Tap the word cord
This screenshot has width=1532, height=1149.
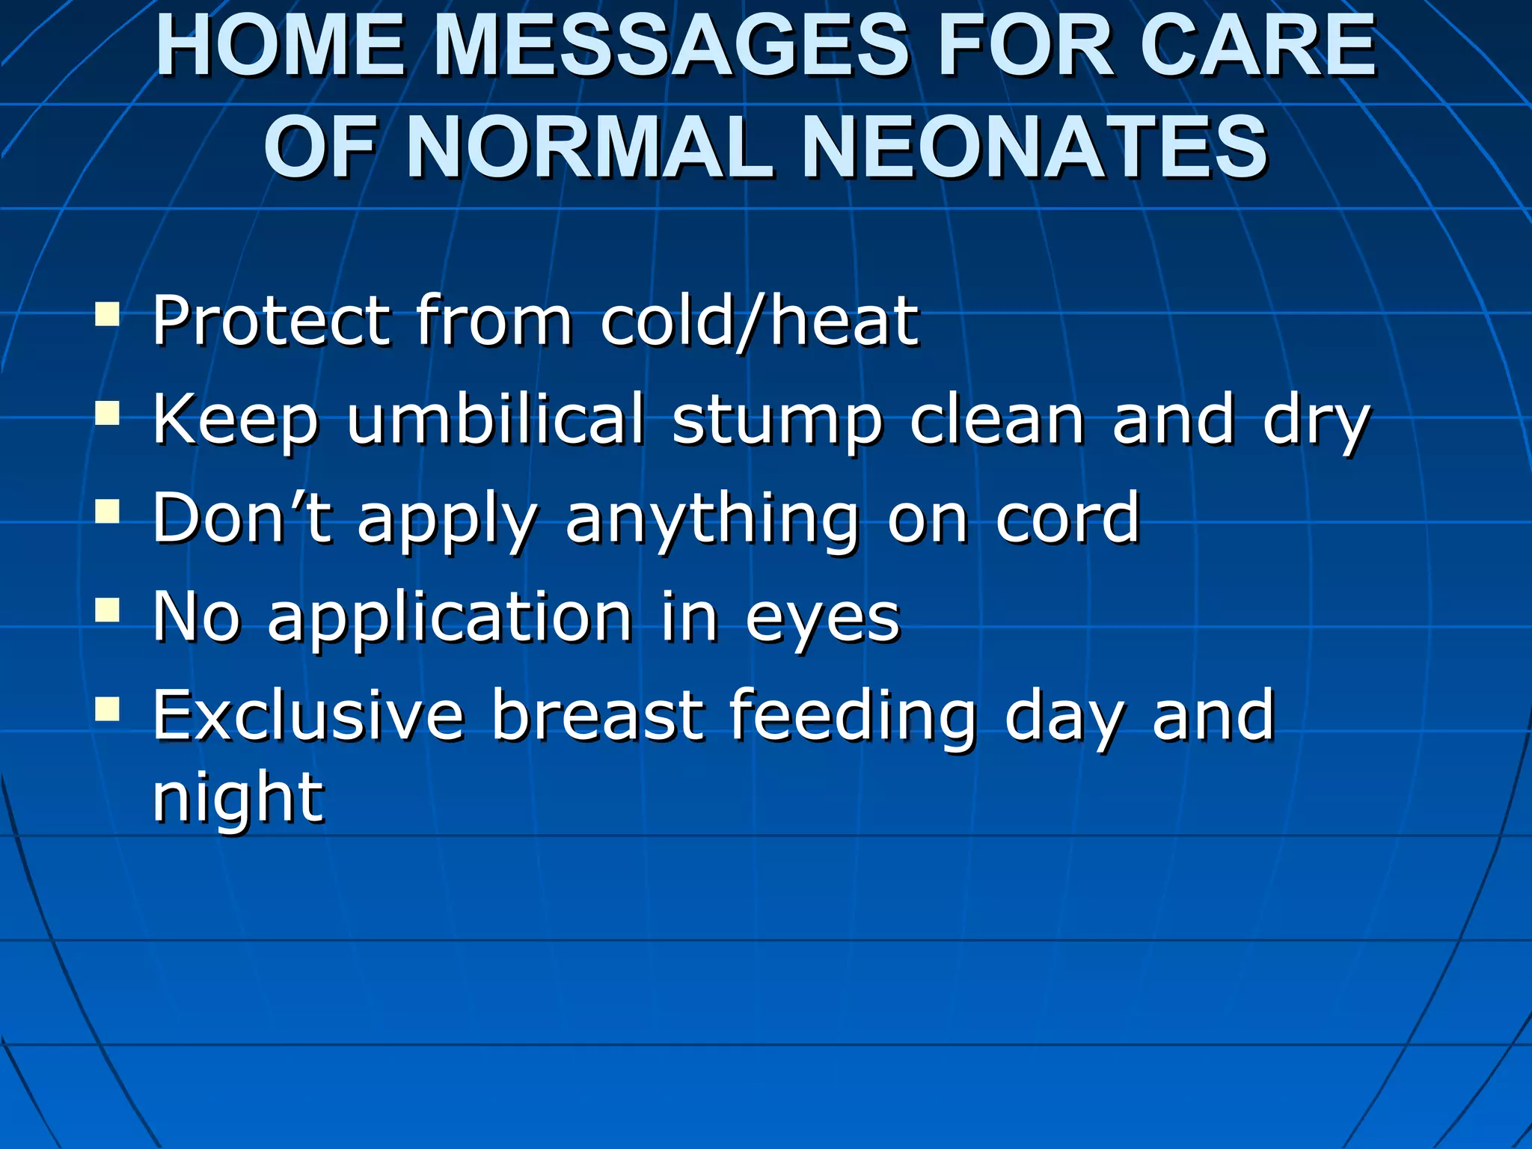pyautogui.click(x=1067, y=518)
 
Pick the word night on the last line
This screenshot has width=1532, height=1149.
pyautogui.click(x=238, y=799)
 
